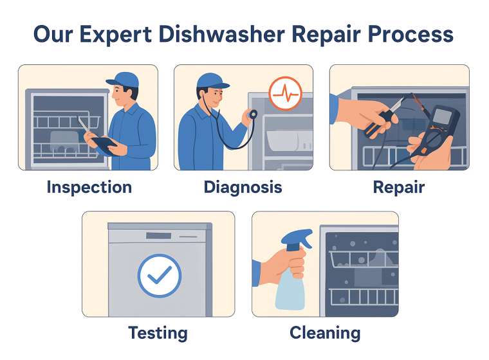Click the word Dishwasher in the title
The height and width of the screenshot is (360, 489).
click(221, 34)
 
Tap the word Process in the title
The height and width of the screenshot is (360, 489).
click(411, 34)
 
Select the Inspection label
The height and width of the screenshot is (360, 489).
click(89, 188)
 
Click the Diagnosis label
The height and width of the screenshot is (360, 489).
click(243, 188)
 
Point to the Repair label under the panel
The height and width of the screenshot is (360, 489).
click(399, 188)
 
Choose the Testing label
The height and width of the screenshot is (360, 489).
click(158, 333)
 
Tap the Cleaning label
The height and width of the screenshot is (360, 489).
click(325, 333)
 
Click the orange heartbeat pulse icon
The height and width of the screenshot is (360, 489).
click(285, 93)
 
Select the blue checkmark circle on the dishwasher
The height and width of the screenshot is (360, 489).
click(160, 276)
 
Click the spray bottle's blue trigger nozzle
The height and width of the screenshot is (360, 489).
click(297, 239)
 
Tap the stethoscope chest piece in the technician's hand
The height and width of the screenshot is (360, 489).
click(253, 114)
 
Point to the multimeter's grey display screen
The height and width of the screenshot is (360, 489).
click(442, 116)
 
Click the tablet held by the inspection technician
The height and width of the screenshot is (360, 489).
click(105, 145)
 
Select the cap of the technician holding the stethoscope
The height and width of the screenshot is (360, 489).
click(212, 82)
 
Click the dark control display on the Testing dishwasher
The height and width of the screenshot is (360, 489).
click(159, 236)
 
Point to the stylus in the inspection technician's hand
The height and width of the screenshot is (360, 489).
click(83, 125)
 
